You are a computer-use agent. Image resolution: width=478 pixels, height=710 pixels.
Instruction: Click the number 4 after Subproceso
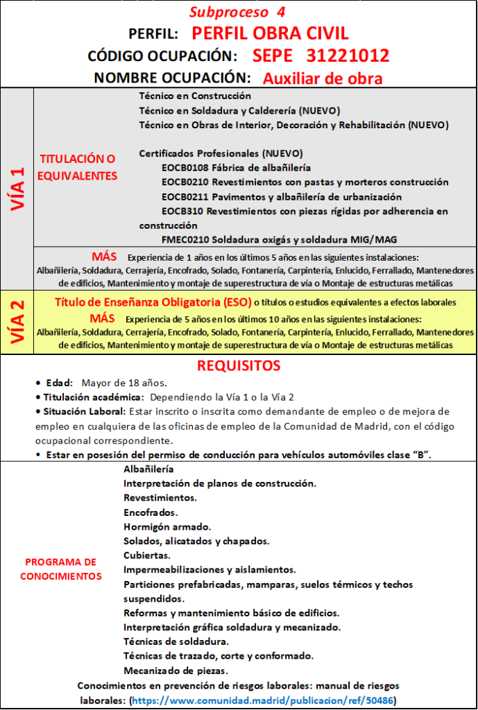280,12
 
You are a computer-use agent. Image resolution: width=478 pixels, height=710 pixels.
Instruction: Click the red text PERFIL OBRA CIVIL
270,33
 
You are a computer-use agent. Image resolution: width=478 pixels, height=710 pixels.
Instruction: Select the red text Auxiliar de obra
323,78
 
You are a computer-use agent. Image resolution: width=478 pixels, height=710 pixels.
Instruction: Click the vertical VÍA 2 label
17,322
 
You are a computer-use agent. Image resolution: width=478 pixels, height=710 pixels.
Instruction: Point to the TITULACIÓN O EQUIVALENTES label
77,167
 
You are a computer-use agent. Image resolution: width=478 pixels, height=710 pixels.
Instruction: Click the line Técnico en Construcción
195,96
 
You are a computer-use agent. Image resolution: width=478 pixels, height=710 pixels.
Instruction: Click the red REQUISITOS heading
239,365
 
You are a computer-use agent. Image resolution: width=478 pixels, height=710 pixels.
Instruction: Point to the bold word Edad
58,383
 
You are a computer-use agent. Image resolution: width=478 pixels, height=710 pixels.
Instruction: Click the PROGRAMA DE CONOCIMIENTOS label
61,569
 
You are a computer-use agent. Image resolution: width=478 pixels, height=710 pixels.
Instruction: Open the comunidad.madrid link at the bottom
264,700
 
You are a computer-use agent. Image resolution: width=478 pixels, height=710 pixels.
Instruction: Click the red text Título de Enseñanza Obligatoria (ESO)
153,302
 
